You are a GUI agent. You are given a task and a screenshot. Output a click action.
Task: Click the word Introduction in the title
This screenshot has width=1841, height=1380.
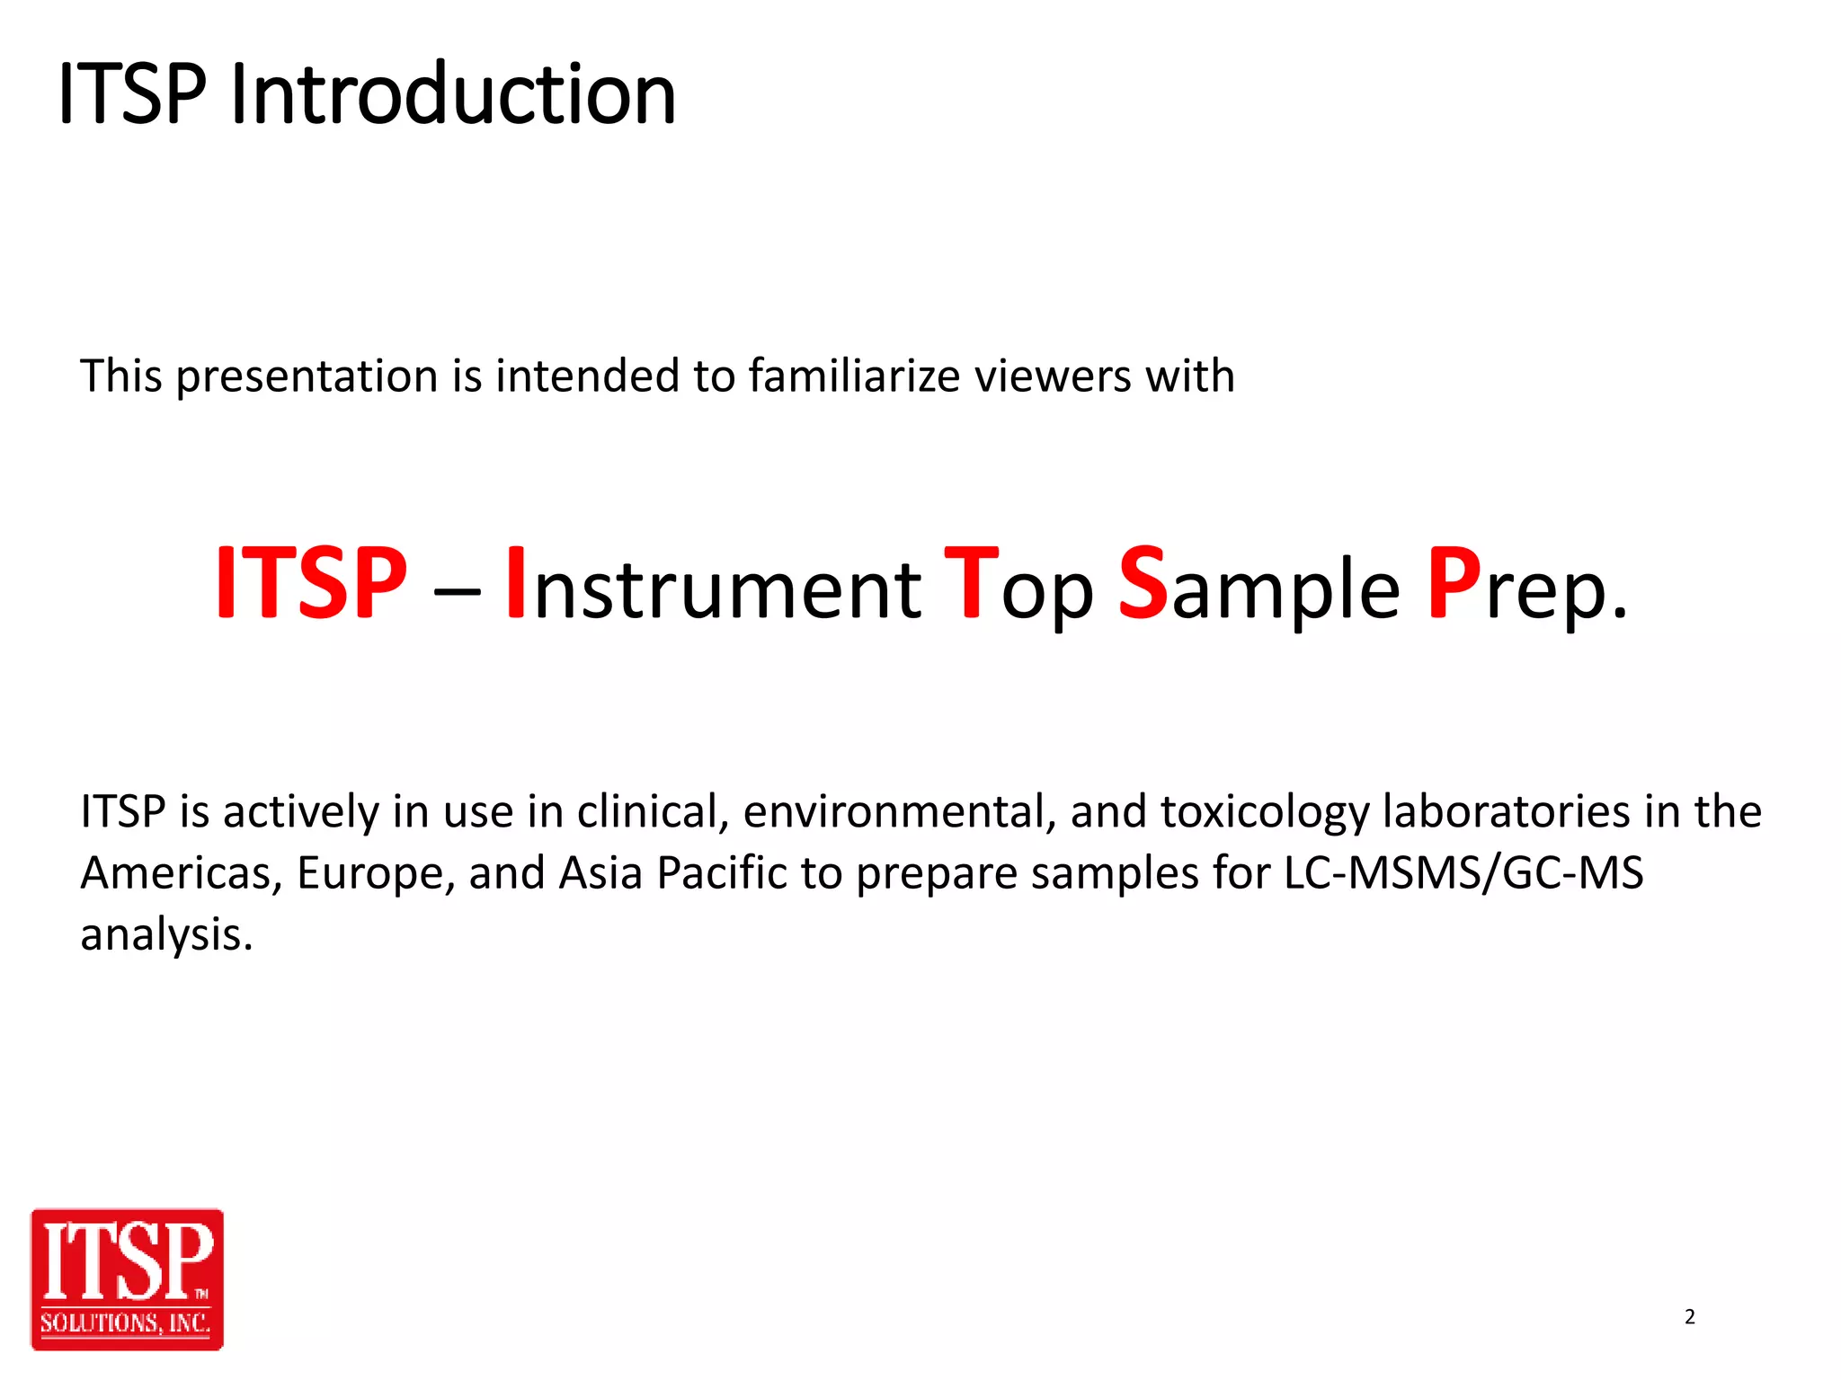(452, 94)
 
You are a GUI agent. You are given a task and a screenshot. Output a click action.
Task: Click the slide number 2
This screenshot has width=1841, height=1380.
(1689, 1317)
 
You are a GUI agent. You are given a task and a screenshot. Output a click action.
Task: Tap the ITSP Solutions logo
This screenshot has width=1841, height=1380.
(127, 1278)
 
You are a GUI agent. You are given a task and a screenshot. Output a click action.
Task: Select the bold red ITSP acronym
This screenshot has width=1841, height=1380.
(311, 584)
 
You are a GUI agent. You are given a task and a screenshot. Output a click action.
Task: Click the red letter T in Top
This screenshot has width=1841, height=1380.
(971, 584)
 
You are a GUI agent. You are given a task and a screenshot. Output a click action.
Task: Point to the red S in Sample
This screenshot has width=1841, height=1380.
(1143, 584)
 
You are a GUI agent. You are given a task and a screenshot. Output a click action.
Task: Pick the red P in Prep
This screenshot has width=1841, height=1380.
(1454, 584)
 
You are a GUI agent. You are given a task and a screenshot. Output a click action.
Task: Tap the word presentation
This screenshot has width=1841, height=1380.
(307, 377)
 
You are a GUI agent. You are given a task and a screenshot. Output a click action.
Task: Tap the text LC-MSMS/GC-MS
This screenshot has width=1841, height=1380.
(1463, 873)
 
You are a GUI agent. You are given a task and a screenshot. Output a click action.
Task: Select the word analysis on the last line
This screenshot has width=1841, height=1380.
(166, 936)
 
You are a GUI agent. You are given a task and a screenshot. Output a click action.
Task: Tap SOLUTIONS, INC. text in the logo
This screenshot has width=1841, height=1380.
(126, 1323)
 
